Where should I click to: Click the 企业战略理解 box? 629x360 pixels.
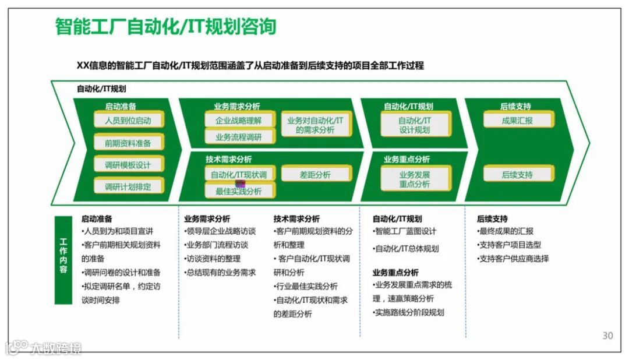238,121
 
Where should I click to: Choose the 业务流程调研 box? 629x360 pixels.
238,137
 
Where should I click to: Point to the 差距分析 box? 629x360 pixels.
315,175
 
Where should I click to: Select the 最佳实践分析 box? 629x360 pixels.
238,191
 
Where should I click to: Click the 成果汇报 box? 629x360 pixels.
517,121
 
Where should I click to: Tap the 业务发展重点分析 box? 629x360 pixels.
415,179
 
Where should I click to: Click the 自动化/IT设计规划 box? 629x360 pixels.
415,125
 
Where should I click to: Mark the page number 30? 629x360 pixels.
607,336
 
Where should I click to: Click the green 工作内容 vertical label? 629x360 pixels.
63,260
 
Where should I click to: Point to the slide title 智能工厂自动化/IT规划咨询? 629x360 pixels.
166,27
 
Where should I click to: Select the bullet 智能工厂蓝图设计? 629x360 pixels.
405,231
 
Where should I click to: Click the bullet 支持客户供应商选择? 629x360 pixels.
513,259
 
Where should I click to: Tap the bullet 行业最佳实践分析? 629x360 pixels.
306,286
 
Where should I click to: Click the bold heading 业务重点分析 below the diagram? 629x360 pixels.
395,272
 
